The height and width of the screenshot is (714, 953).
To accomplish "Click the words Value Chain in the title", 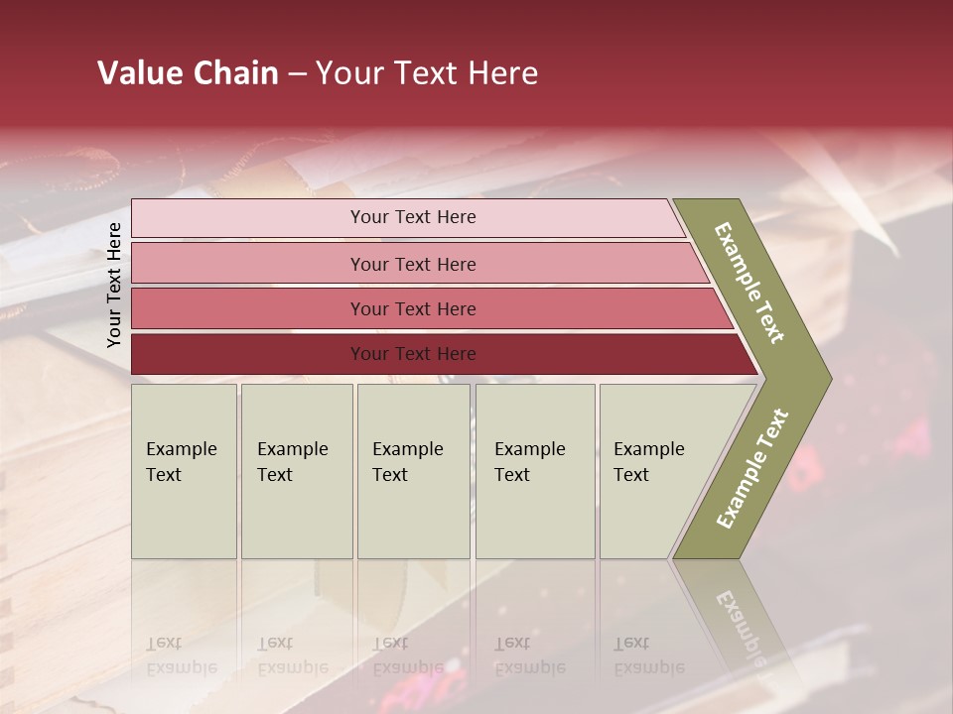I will click(188, 73).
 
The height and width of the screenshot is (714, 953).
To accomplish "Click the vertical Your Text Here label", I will click(114, 285).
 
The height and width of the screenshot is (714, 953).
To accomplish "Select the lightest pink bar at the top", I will click(248, 218).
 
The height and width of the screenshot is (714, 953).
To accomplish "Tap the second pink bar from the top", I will click(248, 264).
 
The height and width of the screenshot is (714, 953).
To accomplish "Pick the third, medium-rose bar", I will click(248, 308).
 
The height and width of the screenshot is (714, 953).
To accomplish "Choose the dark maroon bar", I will click(248, 354).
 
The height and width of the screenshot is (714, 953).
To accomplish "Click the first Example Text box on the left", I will click(184, 471).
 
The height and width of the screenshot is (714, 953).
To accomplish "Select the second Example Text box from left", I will click(297, 471).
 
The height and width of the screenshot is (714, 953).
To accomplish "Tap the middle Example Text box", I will click(413, 471).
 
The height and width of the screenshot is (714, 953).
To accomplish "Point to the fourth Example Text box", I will click(535, 471).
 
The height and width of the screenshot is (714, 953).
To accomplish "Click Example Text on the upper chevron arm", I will click(750, 283).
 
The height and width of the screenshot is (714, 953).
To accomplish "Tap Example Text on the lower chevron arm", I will click(752, 468).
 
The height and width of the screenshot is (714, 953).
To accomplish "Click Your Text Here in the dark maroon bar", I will click(413, 354).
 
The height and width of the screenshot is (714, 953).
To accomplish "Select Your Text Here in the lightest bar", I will click(413, 217).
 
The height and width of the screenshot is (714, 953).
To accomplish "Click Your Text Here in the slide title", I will click(427, 73).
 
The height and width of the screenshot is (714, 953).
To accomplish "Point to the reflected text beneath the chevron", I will click(740, 625).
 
